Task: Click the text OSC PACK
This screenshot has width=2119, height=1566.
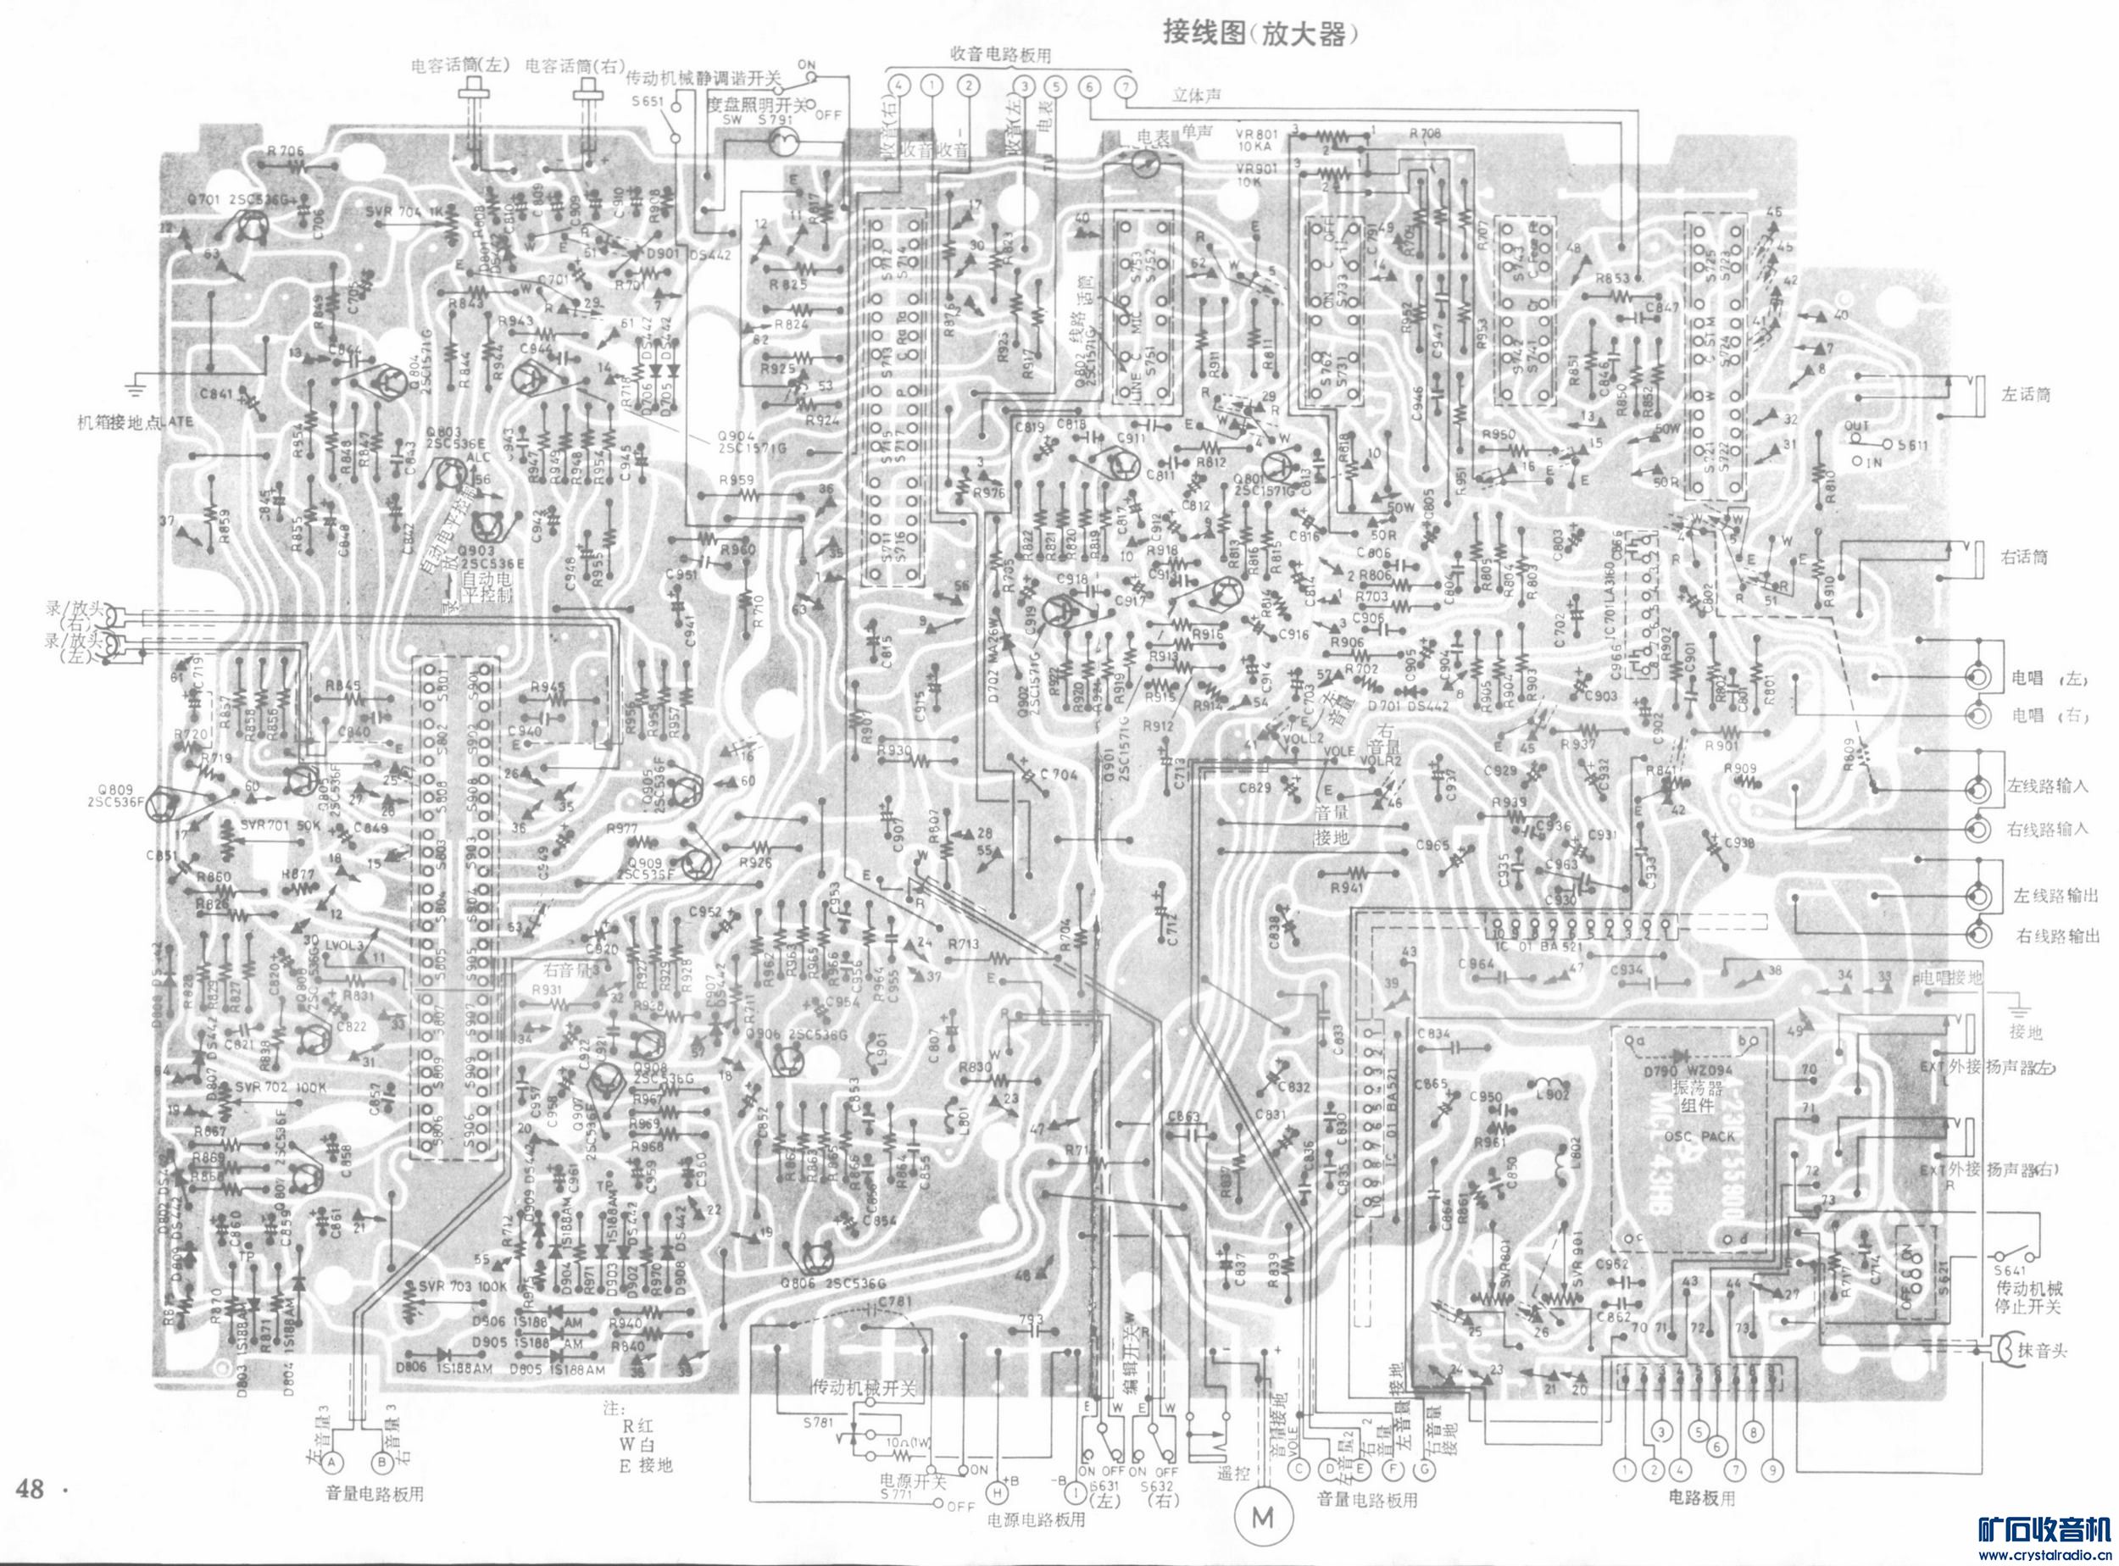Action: click(1692, 1135)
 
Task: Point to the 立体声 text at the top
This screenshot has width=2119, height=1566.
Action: click(1197, 95)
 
